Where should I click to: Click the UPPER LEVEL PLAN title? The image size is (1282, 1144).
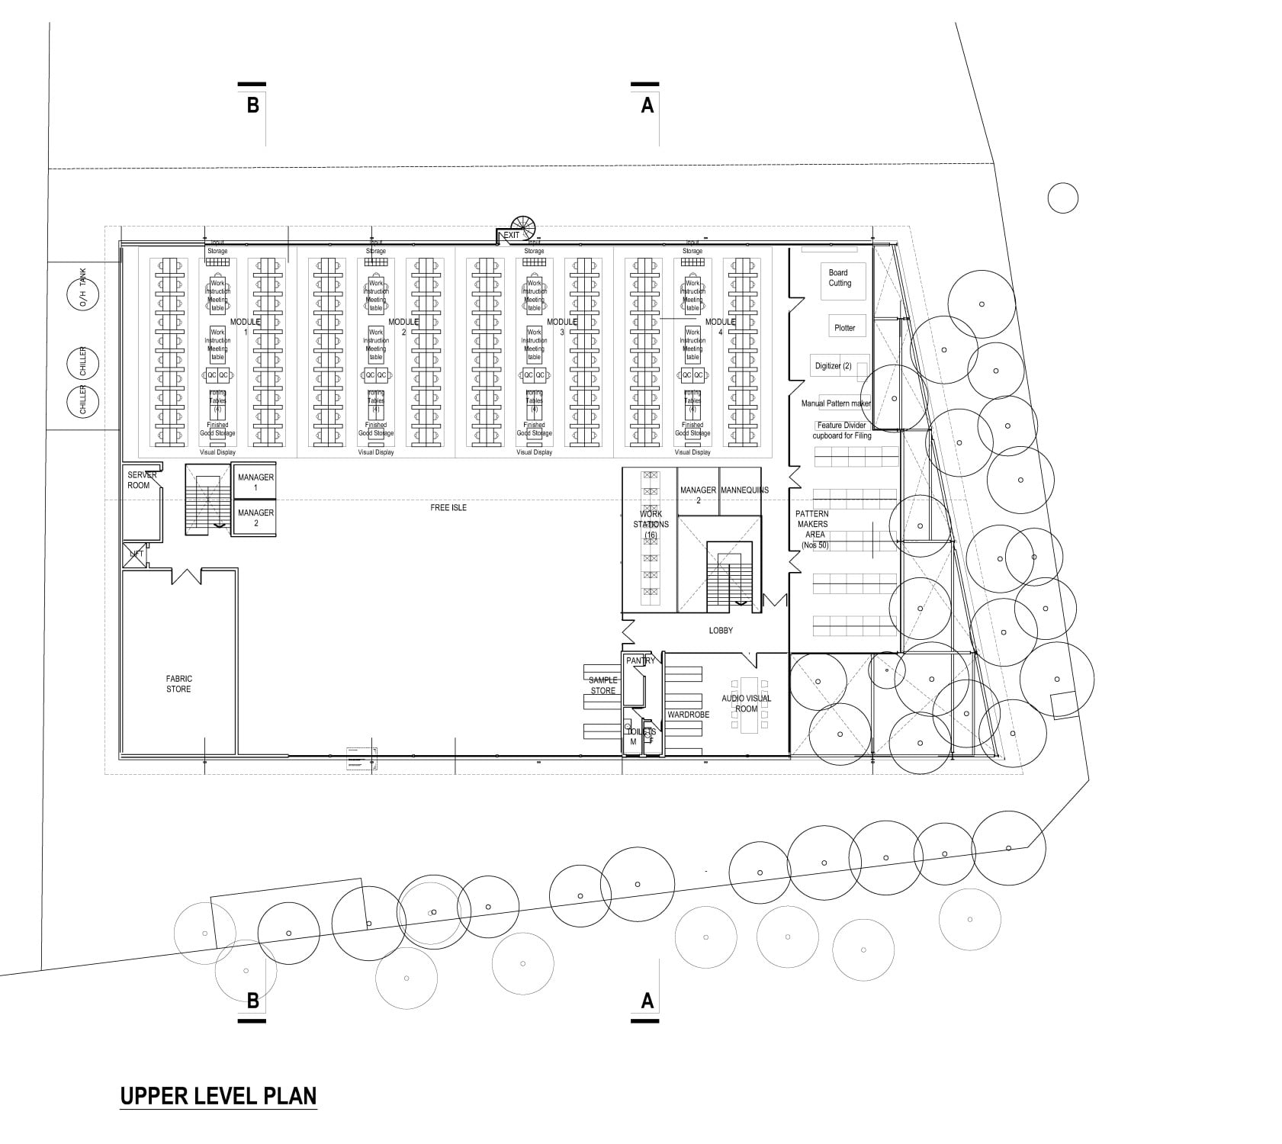click(218, 1096)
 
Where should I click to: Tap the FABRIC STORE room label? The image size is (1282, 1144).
click(178, 684)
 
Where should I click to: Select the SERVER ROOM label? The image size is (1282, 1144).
click(141, 480)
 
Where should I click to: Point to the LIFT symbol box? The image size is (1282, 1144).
click(136, 554)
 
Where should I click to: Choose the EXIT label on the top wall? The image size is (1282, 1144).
click(511, 236)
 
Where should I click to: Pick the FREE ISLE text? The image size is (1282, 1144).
click(448, 507)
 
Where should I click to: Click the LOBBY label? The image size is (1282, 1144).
click(721, 631)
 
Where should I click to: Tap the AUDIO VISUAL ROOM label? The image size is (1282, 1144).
click(747, 703)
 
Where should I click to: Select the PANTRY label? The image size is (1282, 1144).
click(641, 660)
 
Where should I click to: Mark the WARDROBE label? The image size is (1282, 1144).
click(688, 715)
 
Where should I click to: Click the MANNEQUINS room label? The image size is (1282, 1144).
click(744, 490)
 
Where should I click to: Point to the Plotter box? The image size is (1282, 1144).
click(845, 327)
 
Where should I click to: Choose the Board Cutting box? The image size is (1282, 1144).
click(839, 278)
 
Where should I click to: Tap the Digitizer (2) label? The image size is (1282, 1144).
click(833, 366)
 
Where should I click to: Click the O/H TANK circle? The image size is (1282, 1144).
click(84, 294)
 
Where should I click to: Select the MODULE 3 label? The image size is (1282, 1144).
click(562, 326)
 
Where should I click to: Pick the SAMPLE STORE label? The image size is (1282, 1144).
click(602, 686)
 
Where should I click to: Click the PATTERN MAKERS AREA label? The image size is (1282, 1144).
click(811, 529)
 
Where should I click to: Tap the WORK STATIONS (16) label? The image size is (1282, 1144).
click(651, 524)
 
